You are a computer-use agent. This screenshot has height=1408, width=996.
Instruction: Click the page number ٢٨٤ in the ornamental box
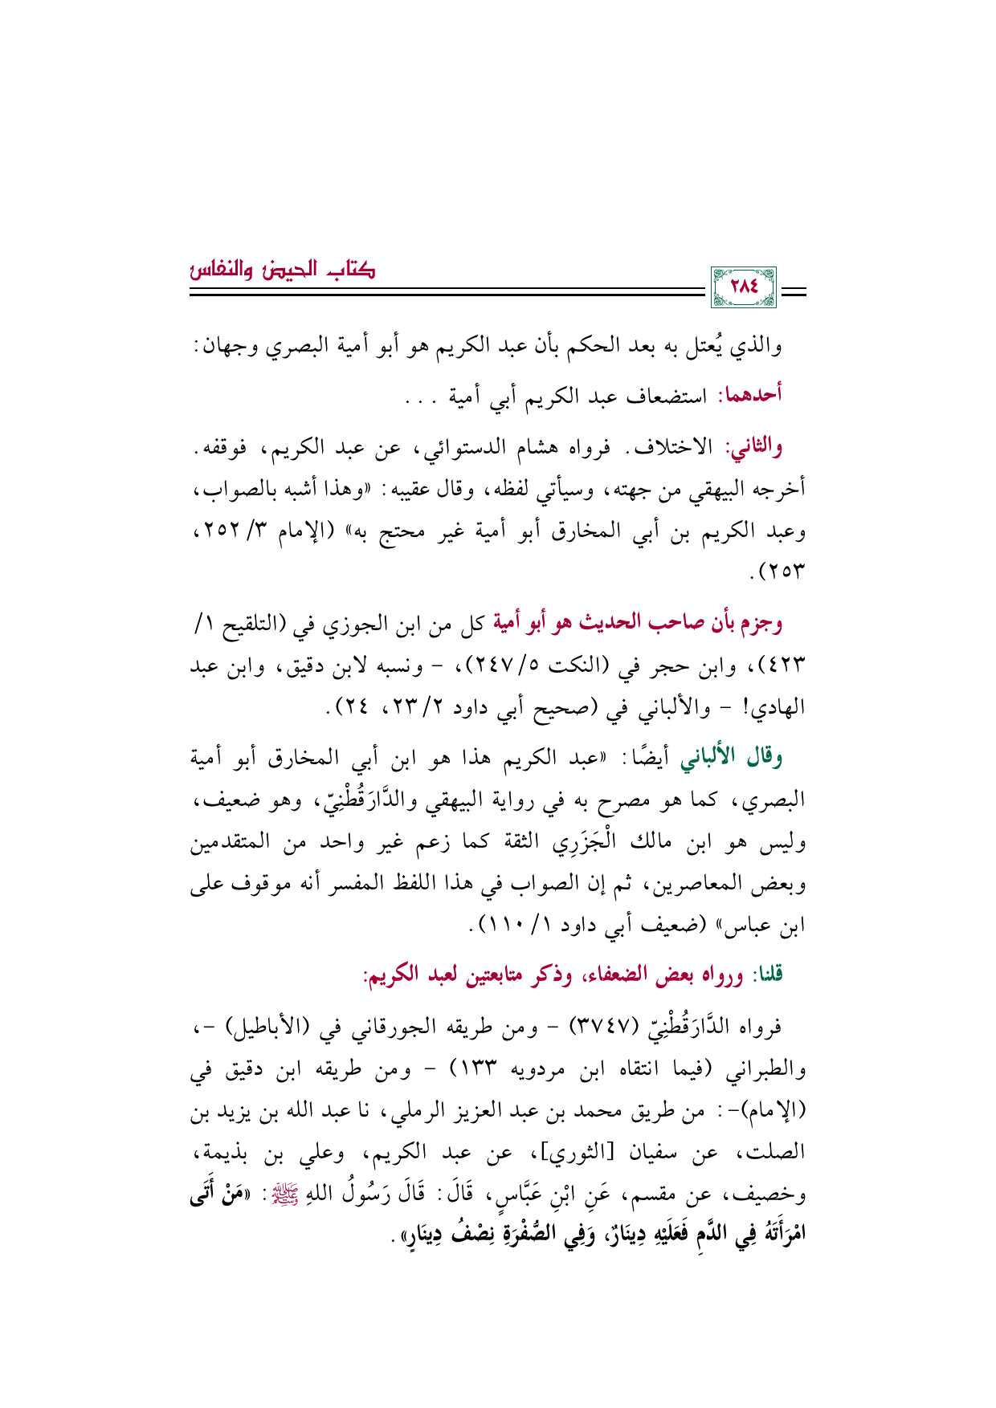coord(744,287)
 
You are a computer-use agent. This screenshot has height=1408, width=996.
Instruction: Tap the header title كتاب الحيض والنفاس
coord(283,267)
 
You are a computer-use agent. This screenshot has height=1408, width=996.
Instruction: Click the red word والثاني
coord(753,447)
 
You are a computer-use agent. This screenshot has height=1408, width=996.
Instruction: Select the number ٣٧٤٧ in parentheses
coord(594,1027)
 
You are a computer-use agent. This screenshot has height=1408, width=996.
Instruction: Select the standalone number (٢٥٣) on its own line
coord(777,573)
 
